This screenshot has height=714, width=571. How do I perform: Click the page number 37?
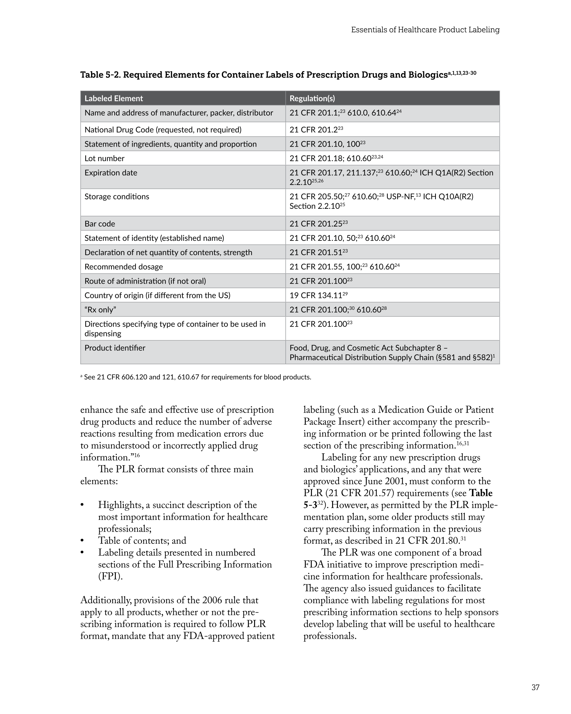[x=535, y=688]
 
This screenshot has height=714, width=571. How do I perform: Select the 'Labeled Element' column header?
[x=114, y=98]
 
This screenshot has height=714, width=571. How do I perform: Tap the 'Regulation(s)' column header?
[x=312, y=98]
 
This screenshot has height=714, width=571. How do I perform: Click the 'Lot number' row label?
[x=104, y=158]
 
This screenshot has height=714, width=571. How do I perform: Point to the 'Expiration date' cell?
[x=111, y=173]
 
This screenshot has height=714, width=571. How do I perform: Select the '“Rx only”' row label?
[x=100, y=310]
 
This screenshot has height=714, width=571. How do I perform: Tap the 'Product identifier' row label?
[x=115, y=348]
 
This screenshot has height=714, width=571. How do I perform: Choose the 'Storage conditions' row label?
[x=116, y=197]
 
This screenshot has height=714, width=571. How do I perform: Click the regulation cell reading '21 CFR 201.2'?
[x=316, y=130]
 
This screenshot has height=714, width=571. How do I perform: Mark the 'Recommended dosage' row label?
[x=124, y=267]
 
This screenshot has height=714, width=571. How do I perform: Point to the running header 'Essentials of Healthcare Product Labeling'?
[x=425, y=30]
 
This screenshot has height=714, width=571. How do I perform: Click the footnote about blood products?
[x=196, y=377]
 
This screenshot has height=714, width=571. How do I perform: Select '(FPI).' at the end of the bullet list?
[x=110, y=577]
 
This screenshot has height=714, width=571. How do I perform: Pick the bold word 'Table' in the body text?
[x=481, y=493]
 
